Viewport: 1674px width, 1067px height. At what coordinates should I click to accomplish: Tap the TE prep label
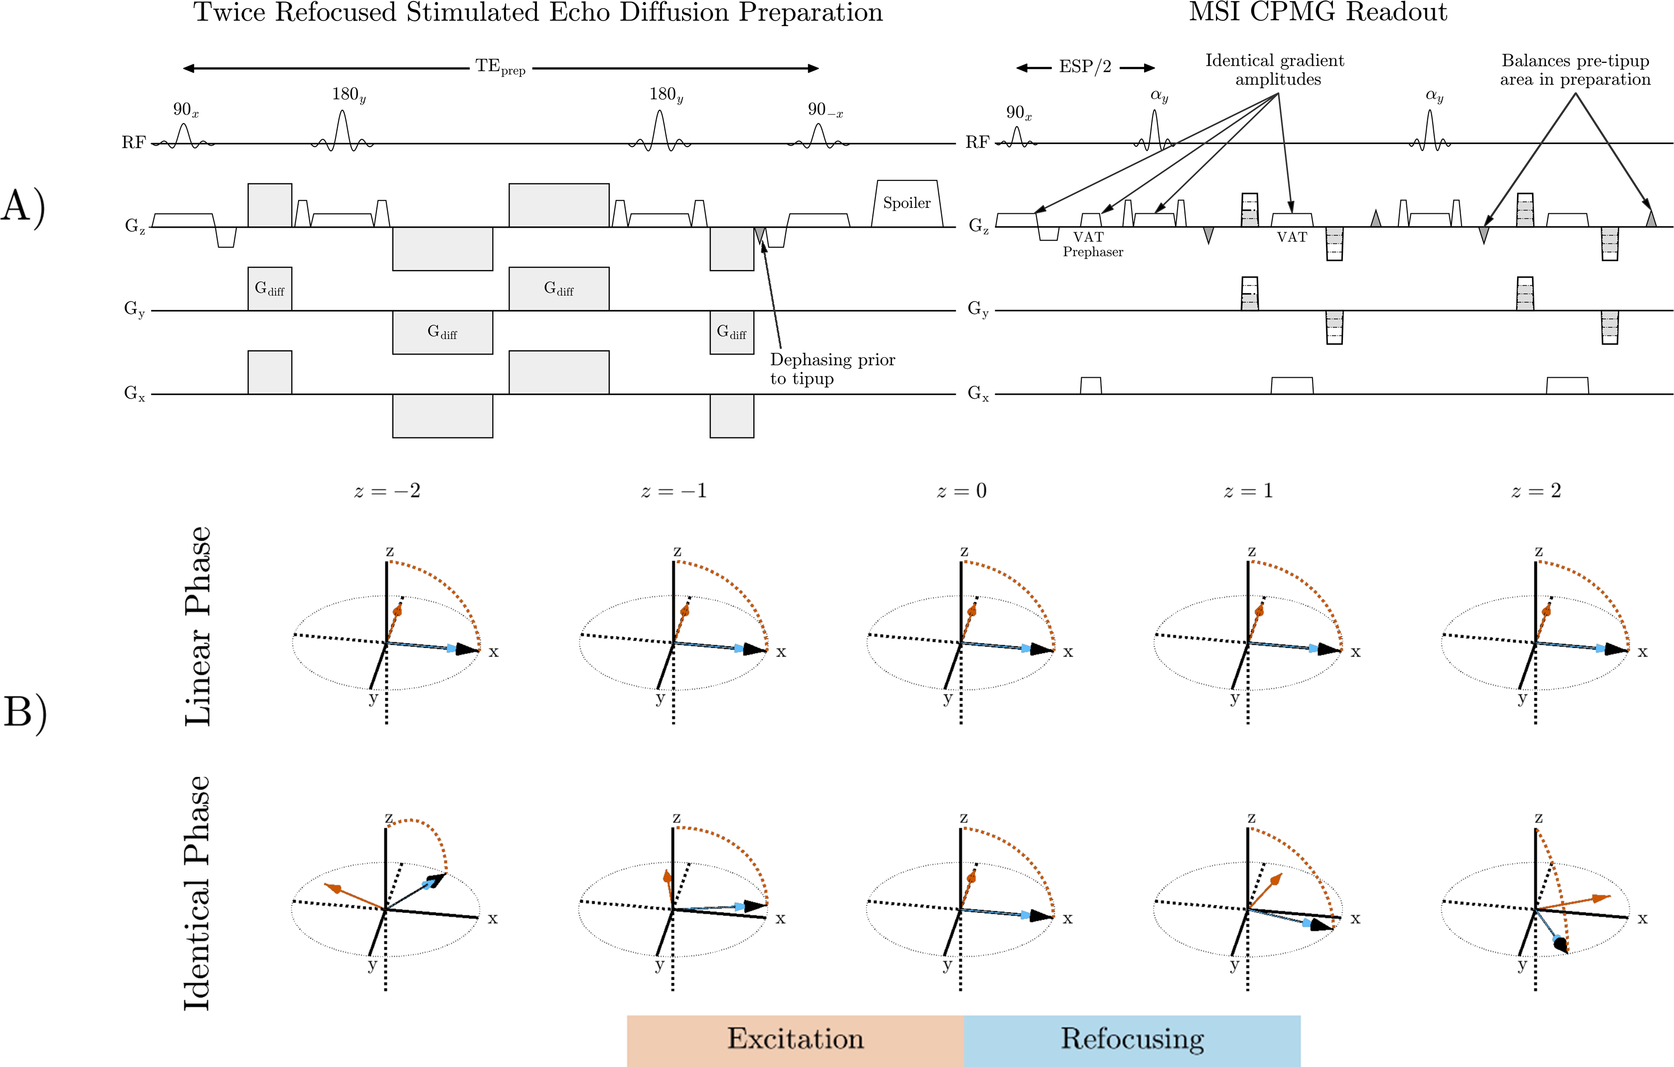point(501,67)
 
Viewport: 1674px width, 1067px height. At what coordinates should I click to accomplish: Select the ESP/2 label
point(1084,67)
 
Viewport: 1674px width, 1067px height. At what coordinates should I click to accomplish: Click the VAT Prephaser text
point(1092,245)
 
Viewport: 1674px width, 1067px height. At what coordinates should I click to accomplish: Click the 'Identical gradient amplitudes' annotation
point(1275,69)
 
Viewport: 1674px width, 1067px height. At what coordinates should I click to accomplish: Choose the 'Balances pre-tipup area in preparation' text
point(1575,69)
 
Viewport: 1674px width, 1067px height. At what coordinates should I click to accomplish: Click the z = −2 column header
point(387,491)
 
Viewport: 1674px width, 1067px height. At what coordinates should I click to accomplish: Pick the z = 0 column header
point(962,491)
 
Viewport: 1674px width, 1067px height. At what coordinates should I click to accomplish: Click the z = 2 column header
point(1535,491)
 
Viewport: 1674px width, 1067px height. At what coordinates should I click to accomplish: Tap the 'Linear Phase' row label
point(197,625)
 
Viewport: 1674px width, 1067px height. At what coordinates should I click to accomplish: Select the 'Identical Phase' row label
point(197,893)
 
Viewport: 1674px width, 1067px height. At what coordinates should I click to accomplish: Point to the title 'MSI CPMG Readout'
point(1318,12)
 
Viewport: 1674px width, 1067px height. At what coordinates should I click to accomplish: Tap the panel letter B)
point(25,713)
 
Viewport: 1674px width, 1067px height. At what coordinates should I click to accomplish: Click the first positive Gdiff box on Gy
point(270,289)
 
